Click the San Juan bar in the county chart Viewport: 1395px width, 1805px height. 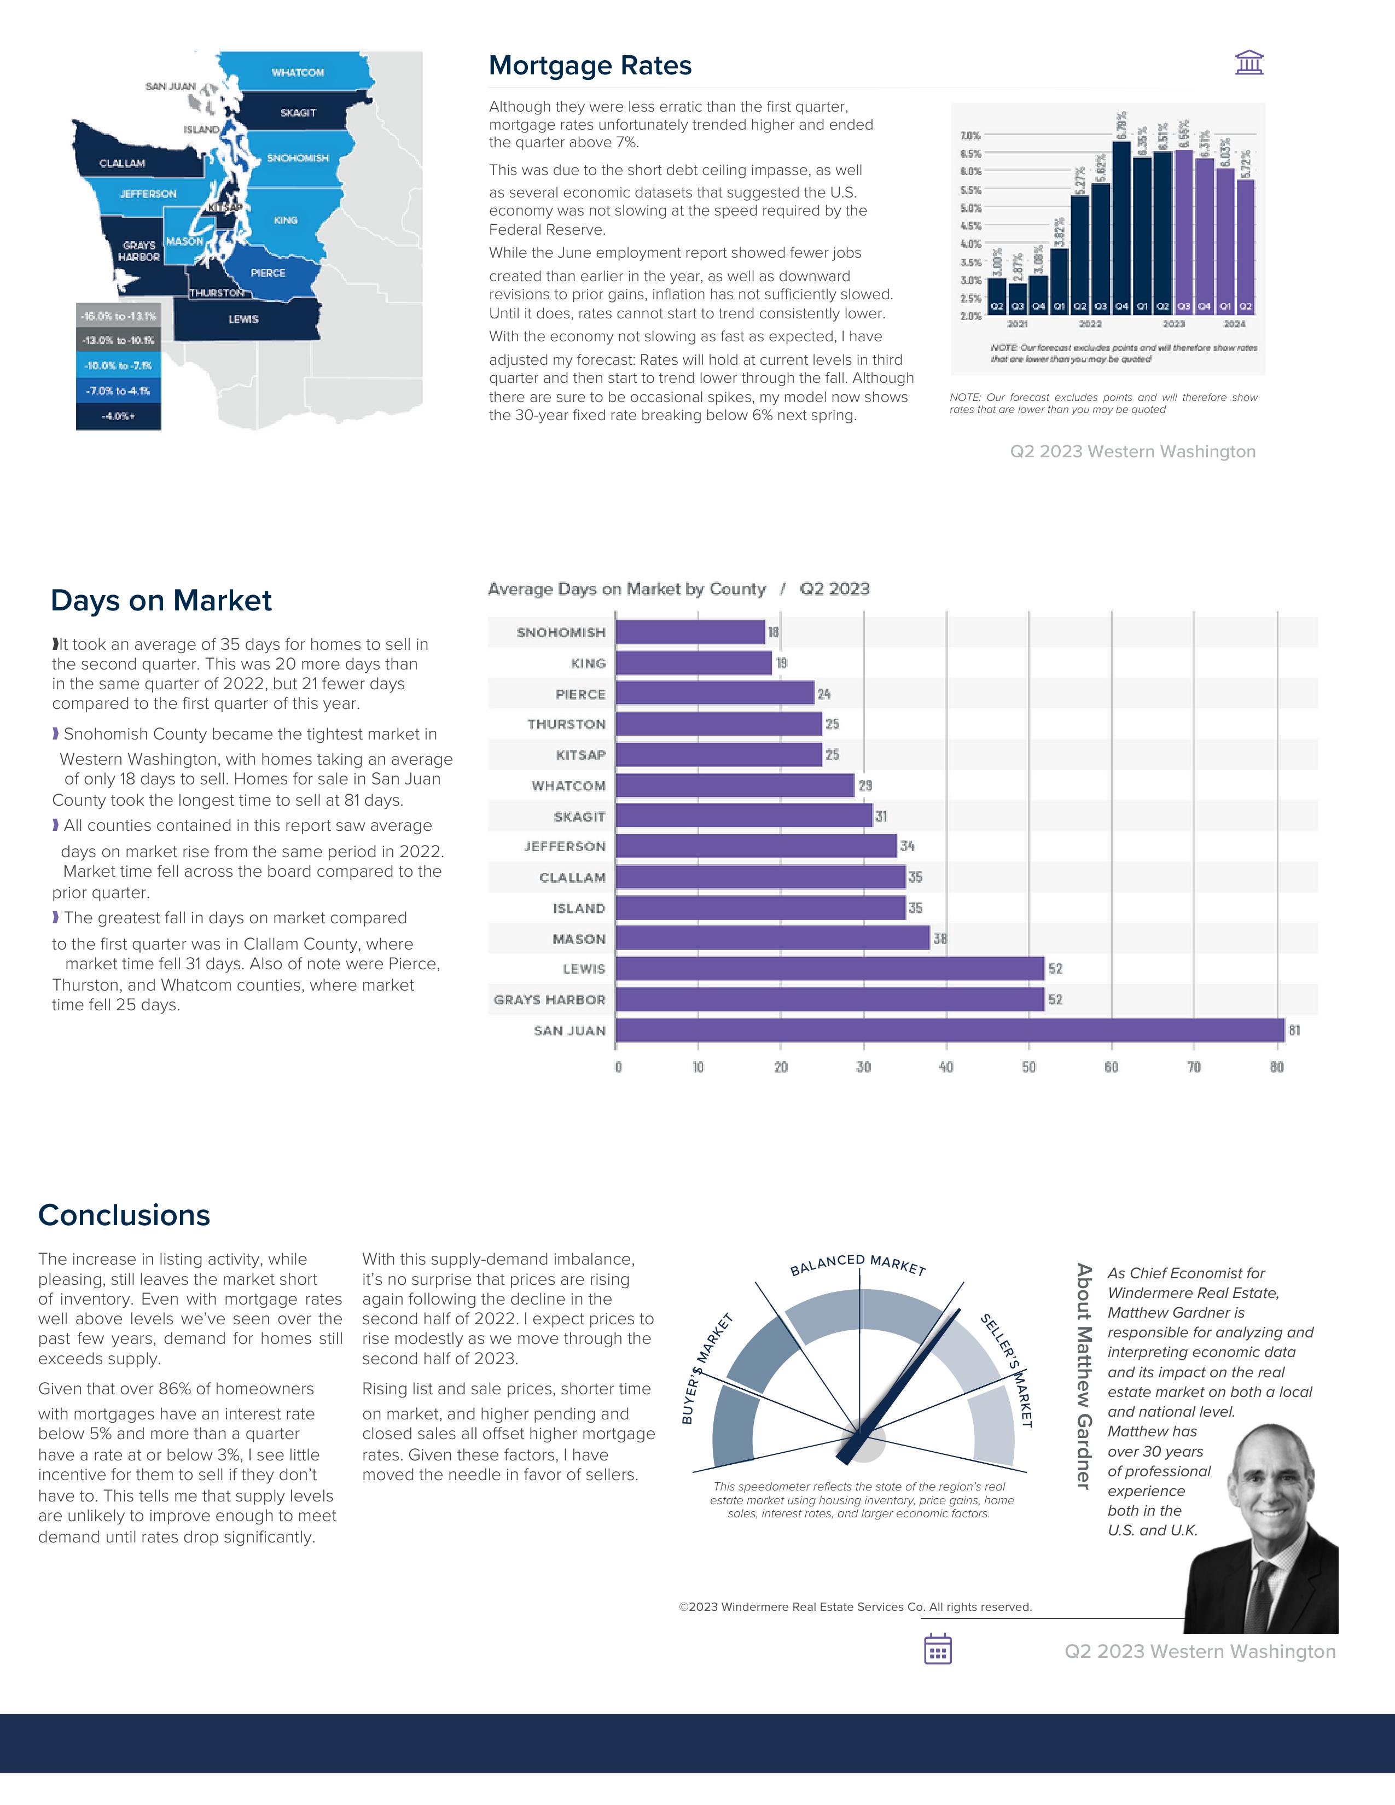[x=950, y=1030]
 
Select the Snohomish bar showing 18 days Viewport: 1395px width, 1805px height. [x=690, y=632]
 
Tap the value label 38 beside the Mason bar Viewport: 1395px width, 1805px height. [x=940, y=939]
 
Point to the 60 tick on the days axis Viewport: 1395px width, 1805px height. [x=1112, y=1067]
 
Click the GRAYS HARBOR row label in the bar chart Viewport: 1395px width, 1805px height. [x=550, y=1000]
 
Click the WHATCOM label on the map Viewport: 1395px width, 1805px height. [x=298, y=73]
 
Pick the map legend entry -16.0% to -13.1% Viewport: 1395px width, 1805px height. [x=118, y=317]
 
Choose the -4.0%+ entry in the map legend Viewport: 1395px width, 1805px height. [x=118, y=417]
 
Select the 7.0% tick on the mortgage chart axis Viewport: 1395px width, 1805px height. [x=970, y=136]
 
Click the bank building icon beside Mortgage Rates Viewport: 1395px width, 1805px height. [x=1249, y=63]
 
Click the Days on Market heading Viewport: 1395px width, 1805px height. [x=161, y=601]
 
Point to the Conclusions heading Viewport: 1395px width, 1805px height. [x=124, y=1216]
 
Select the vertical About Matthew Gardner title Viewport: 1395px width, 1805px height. [x=1083, y=1376]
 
